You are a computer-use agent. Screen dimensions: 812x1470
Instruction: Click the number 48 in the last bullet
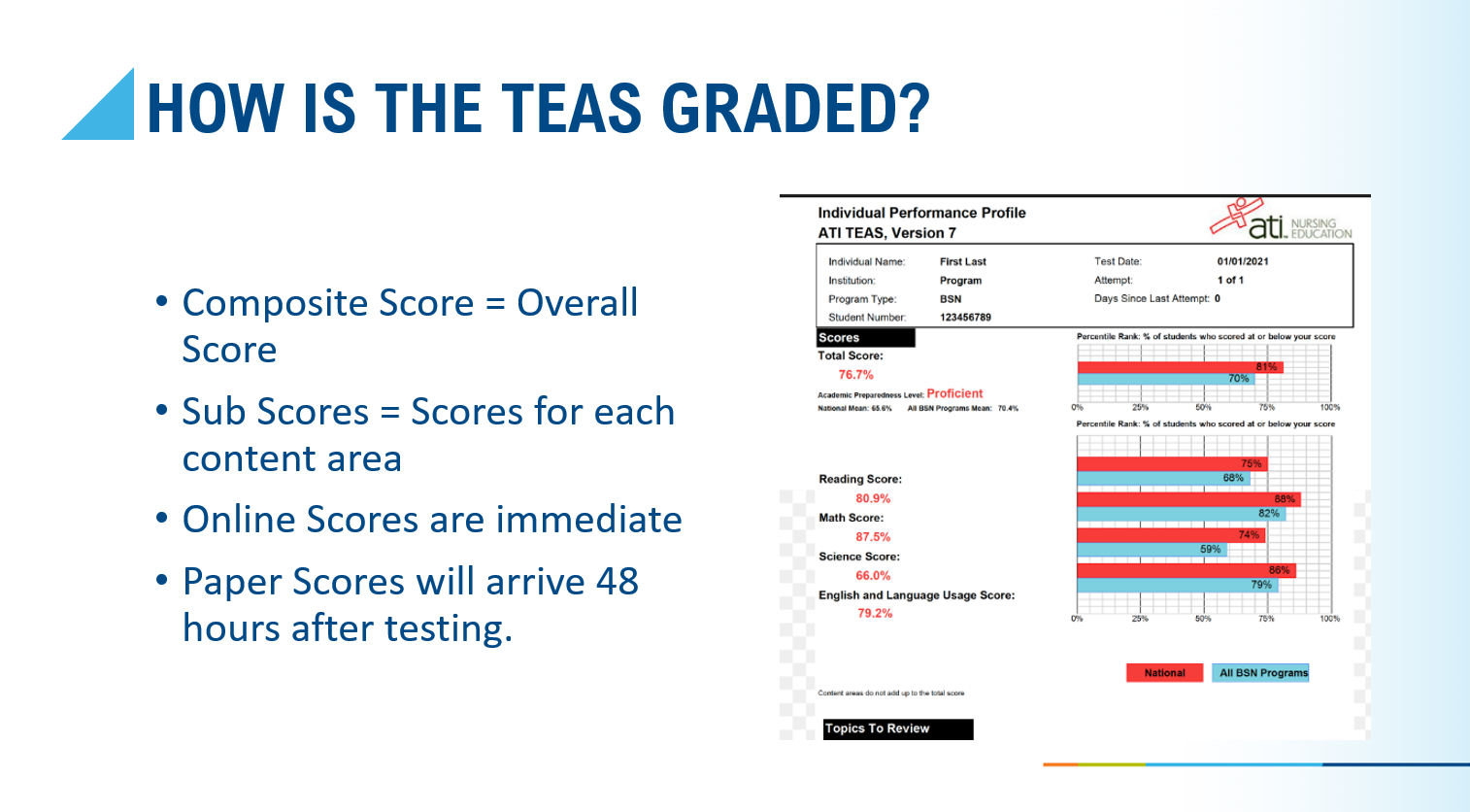tap(617, 582)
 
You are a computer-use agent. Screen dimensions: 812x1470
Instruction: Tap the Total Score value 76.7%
tap(855, 375)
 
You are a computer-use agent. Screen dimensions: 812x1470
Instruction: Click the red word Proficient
tap(954, 393)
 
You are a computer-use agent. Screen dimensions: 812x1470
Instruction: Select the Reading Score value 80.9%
tap(873, 498)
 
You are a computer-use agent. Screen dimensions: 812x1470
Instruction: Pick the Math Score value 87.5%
tap(873, 537)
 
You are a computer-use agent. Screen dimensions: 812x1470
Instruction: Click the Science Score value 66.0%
tap(873, 576)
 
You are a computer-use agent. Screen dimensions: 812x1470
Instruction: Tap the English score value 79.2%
tap(875, 614)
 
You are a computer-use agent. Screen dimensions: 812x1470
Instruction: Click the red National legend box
tap(1164, 673)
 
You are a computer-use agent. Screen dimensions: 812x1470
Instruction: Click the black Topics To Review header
tap(897, 729)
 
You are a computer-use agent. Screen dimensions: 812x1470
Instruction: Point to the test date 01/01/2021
tap(1242, 261)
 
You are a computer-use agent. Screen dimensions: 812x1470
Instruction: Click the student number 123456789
tap(965, 318)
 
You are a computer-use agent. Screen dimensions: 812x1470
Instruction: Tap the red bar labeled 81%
tap(1180, 367)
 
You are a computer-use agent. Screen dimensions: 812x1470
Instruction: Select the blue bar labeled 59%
tap(1152, 550)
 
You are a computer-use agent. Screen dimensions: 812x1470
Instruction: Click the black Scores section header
tap(865, 338)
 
